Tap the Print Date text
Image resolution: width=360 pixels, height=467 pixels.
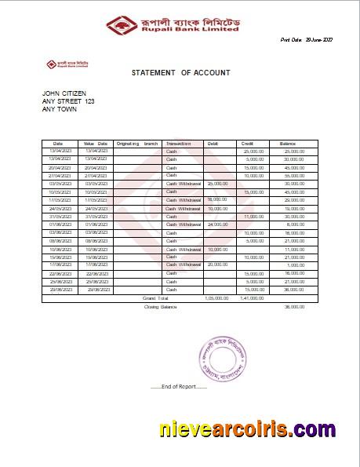(307, 39)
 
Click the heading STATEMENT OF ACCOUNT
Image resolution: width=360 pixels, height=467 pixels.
(180, 73)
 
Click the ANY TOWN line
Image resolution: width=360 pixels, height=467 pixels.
(60, 109)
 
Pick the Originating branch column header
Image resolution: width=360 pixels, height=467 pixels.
(136, 144)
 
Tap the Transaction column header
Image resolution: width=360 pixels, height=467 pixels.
(179, 144)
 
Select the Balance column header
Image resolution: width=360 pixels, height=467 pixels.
(288, 144)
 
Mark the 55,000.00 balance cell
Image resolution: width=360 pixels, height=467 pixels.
(294, 175)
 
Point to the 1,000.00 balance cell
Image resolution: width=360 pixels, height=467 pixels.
(296, 265)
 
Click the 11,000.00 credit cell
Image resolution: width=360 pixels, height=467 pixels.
(254, 217)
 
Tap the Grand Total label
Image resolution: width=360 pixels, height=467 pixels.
(155, 298)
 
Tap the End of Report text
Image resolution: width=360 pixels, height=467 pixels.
(179, 387)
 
